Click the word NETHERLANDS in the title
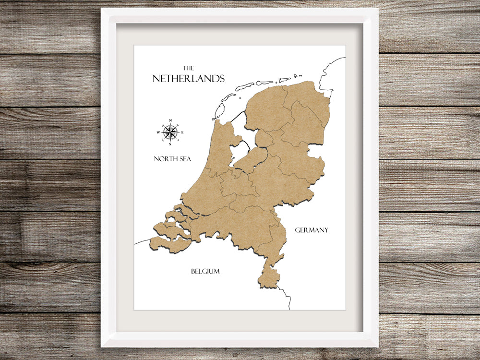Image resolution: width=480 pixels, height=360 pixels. [x=188, y=78]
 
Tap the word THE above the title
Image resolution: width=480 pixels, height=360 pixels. [x=189, y=68]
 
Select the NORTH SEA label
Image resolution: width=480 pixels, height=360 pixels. [x=172, y=159]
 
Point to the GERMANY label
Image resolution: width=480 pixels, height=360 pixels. [x=312, y=230]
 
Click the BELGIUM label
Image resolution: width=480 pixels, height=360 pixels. [x=205, y=271]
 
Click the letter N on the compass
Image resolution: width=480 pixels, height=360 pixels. [x=170, y=121]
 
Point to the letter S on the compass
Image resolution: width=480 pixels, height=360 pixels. [x=170, y=144]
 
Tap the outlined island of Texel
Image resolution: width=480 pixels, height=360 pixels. [x=219, y=111]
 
